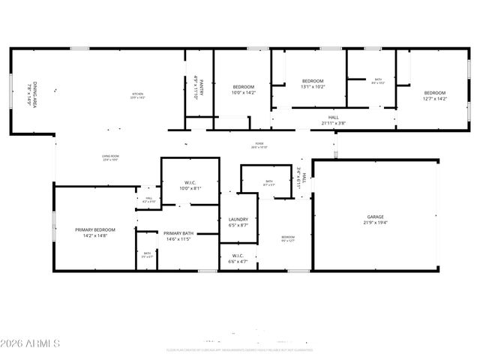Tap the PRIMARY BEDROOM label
94,229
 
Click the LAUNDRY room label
238,219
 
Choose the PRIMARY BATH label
178,233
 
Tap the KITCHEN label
137,93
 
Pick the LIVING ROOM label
110,156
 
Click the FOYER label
259,144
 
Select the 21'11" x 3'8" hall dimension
333,123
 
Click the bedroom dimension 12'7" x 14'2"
434,98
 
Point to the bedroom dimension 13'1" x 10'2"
313,86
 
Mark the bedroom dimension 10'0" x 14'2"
244,92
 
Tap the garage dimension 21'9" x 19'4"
376,222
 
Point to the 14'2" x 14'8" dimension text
94,235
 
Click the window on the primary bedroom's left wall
53,225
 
